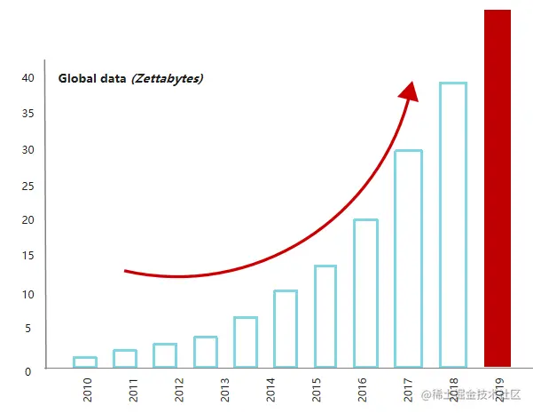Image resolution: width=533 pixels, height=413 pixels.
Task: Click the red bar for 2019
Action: tap(498, 187)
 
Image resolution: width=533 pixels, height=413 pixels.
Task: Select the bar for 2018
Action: tap(452, 225)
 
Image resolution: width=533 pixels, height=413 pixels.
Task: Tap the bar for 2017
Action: tap(408, 258)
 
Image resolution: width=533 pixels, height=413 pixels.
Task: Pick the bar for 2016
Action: tap(365, 293)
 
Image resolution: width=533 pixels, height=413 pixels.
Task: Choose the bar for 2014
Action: tap(285, 329)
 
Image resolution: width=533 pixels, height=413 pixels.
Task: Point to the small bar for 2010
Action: tap(84, 361)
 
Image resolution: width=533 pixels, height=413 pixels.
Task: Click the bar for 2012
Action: tap(165, 355)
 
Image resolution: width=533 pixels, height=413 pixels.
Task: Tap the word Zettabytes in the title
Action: tap(168, 78)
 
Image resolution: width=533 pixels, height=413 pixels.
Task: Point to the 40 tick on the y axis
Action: tap(28, 78)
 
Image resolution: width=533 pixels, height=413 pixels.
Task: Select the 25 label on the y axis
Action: tap(28, 186)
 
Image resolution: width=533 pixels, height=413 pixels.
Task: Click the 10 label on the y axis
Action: tap(28, 294)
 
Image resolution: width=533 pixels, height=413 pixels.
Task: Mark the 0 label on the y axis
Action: tap(28, 370)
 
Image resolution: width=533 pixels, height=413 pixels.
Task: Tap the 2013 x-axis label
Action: tap(224, 390)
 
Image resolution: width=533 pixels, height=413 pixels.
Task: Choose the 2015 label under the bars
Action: tap(317, 390)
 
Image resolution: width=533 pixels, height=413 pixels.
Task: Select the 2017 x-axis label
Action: tap(409, 390)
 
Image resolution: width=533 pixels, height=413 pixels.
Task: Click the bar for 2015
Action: tap(325, 316)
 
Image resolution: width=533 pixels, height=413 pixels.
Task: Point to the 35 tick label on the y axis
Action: tap(28, 114)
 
